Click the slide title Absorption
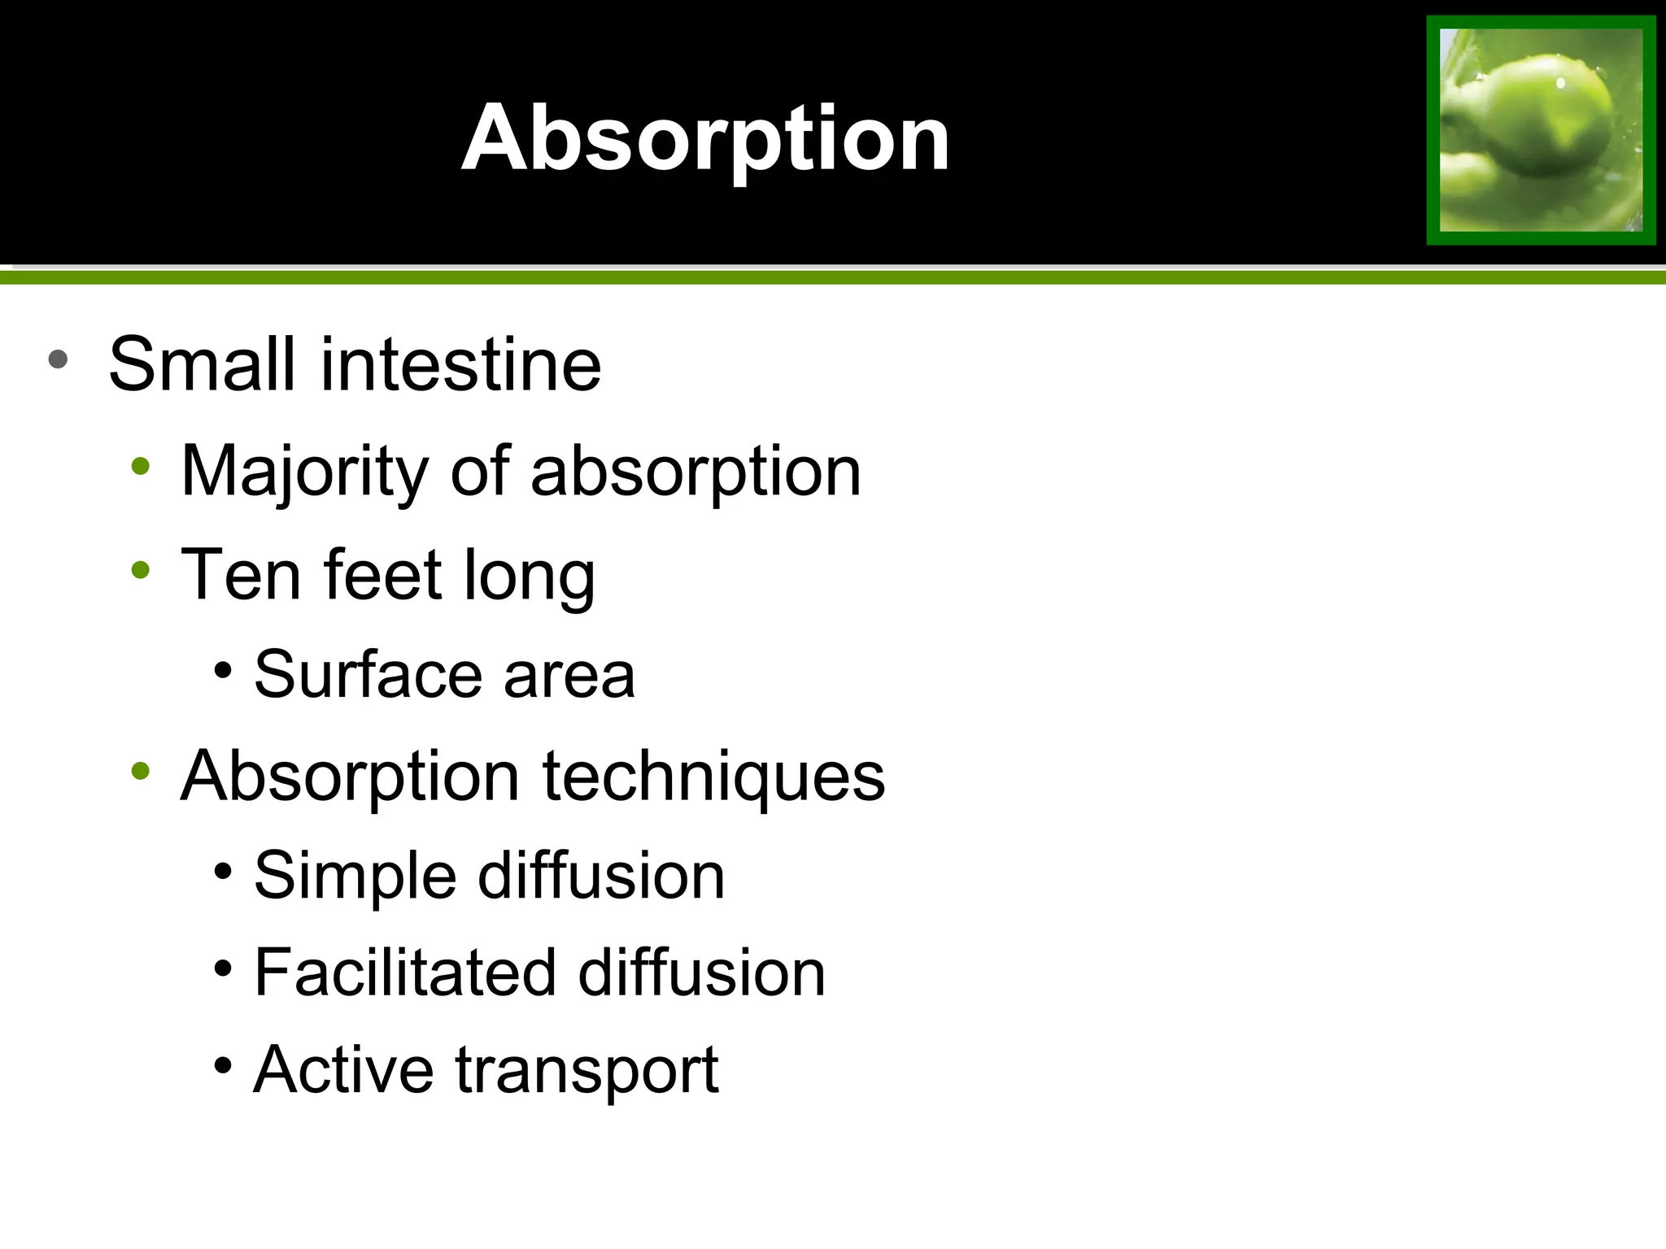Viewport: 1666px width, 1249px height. [x=705, y=139]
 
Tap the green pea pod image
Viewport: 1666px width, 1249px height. [x=1541, y=130]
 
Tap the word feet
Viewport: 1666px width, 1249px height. [x=382, y=574]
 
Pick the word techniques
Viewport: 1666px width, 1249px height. [x=713, y=777]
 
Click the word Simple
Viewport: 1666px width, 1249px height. [x=355, y=877]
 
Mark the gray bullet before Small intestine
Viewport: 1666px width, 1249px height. [x=58, y=359]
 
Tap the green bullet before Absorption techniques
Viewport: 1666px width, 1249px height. [x=141, y=770]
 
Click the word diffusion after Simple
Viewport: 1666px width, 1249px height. [x=601, y=876]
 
